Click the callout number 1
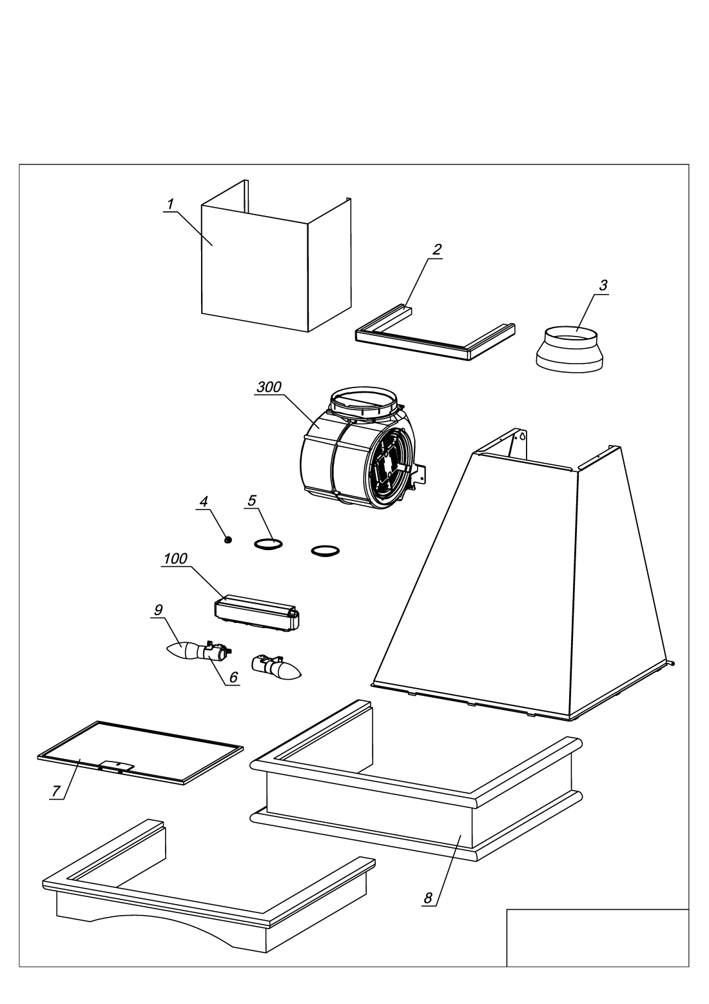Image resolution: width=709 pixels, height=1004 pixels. [170, 204]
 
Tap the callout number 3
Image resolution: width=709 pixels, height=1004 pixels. [603, 286]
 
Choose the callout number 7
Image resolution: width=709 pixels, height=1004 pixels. [56, 791]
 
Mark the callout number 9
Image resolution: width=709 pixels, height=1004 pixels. [157, 609]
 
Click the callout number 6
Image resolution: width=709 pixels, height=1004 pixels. [233, 678]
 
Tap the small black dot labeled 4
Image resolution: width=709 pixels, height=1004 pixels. [228, 539]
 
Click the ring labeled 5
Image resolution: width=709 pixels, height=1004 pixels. [267, 545]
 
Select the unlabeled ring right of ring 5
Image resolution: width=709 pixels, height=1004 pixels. [325, 551]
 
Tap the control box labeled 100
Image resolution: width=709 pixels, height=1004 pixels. [257, 611]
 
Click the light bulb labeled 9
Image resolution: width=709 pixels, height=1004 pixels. [185, 650]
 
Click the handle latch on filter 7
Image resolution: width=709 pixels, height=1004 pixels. [117, 765]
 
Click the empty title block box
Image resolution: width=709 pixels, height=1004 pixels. [597, 938]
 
